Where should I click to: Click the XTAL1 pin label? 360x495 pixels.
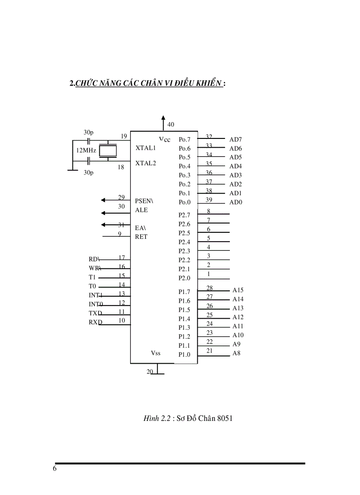click(x=146, y=148)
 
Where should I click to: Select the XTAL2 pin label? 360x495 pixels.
click(x=146, y=163)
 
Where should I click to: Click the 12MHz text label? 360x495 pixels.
click(x=86, y=150)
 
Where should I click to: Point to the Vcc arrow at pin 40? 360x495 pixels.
click(x=163, y=123)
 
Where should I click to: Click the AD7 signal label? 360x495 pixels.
click(x=236, y=140)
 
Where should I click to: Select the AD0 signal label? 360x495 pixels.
click(x=236, y=203)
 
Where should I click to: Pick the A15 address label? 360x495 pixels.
click(x=238, y=290)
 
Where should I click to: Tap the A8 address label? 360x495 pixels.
click(x=236, y=354)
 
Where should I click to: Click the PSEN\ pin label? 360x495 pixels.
click(x=144, y=201)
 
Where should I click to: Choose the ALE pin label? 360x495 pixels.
click(x=142, y=210)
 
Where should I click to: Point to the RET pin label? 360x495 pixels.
click(x=141, y=237)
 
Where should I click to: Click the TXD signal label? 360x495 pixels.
click(x=95, y=313)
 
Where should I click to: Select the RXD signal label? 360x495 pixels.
click(x=95, y=322)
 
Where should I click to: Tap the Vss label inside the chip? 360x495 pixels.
click(x=156, y=353)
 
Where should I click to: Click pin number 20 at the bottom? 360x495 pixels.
click(x=150, y=372)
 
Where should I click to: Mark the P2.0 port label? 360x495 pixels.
click(x=184, y=278)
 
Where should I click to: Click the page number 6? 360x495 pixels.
click(x=55, y=469)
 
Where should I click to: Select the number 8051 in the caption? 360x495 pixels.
click(x=224, y=418)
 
